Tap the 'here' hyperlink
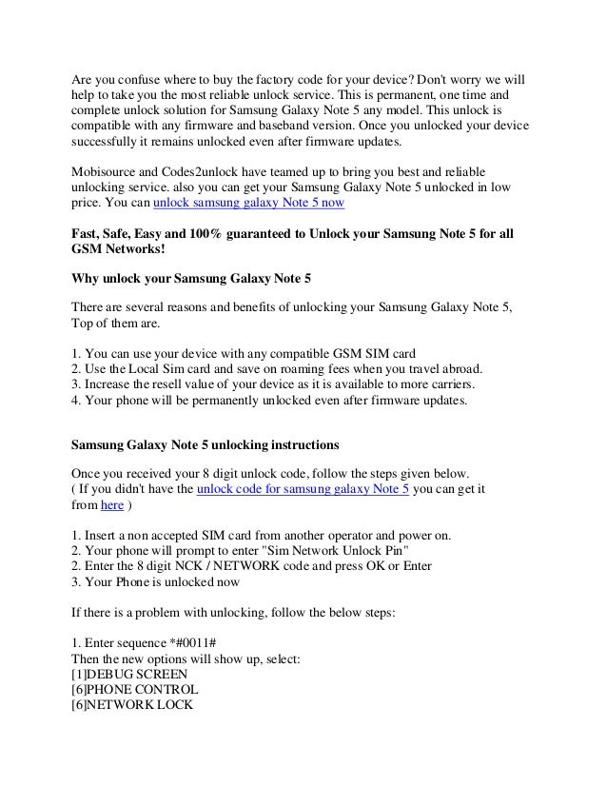tap(111, 505)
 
